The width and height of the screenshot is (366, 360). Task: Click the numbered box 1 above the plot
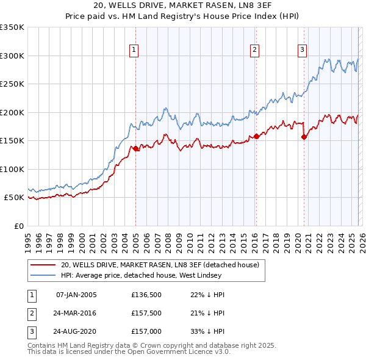133,51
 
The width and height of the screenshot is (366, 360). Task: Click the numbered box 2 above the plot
254,51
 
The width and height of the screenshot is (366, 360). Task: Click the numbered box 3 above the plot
302,51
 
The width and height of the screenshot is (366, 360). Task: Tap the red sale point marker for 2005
135,148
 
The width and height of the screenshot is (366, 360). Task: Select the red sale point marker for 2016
256,137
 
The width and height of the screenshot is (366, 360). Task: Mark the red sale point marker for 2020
304,137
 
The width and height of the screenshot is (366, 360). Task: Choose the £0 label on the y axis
18,226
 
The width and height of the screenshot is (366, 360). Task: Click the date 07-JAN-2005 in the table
76,295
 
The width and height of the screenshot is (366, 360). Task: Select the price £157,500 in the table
145,312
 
